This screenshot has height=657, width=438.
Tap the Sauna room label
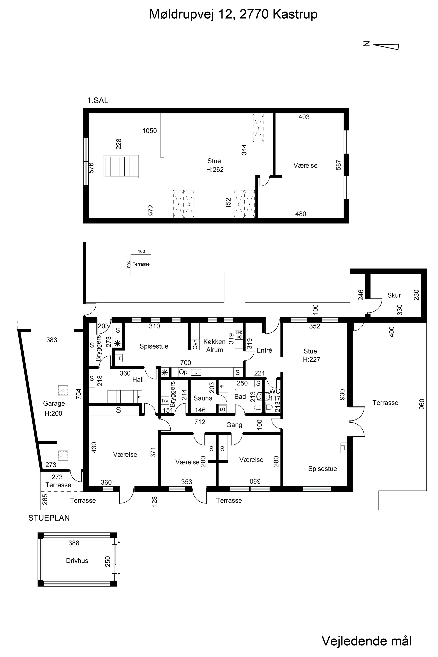[203, 398]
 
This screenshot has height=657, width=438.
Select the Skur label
[394, 295]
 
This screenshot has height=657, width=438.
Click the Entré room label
[264, 350]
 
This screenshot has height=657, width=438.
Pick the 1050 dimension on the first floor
[149, 131]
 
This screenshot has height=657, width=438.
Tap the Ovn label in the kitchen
[195, 344]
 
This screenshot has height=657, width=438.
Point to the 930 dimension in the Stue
[342, 394]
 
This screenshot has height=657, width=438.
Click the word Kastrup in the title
[295, 14]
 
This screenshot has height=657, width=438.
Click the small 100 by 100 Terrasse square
[141, 265]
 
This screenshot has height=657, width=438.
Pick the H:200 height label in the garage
[53, 413]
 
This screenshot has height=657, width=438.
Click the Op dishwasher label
[183, 372]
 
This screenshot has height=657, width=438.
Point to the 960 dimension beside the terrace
[422, 404]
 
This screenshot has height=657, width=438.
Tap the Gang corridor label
[234, 425]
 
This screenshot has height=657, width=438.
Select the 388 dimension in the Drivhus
[74, 543]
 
